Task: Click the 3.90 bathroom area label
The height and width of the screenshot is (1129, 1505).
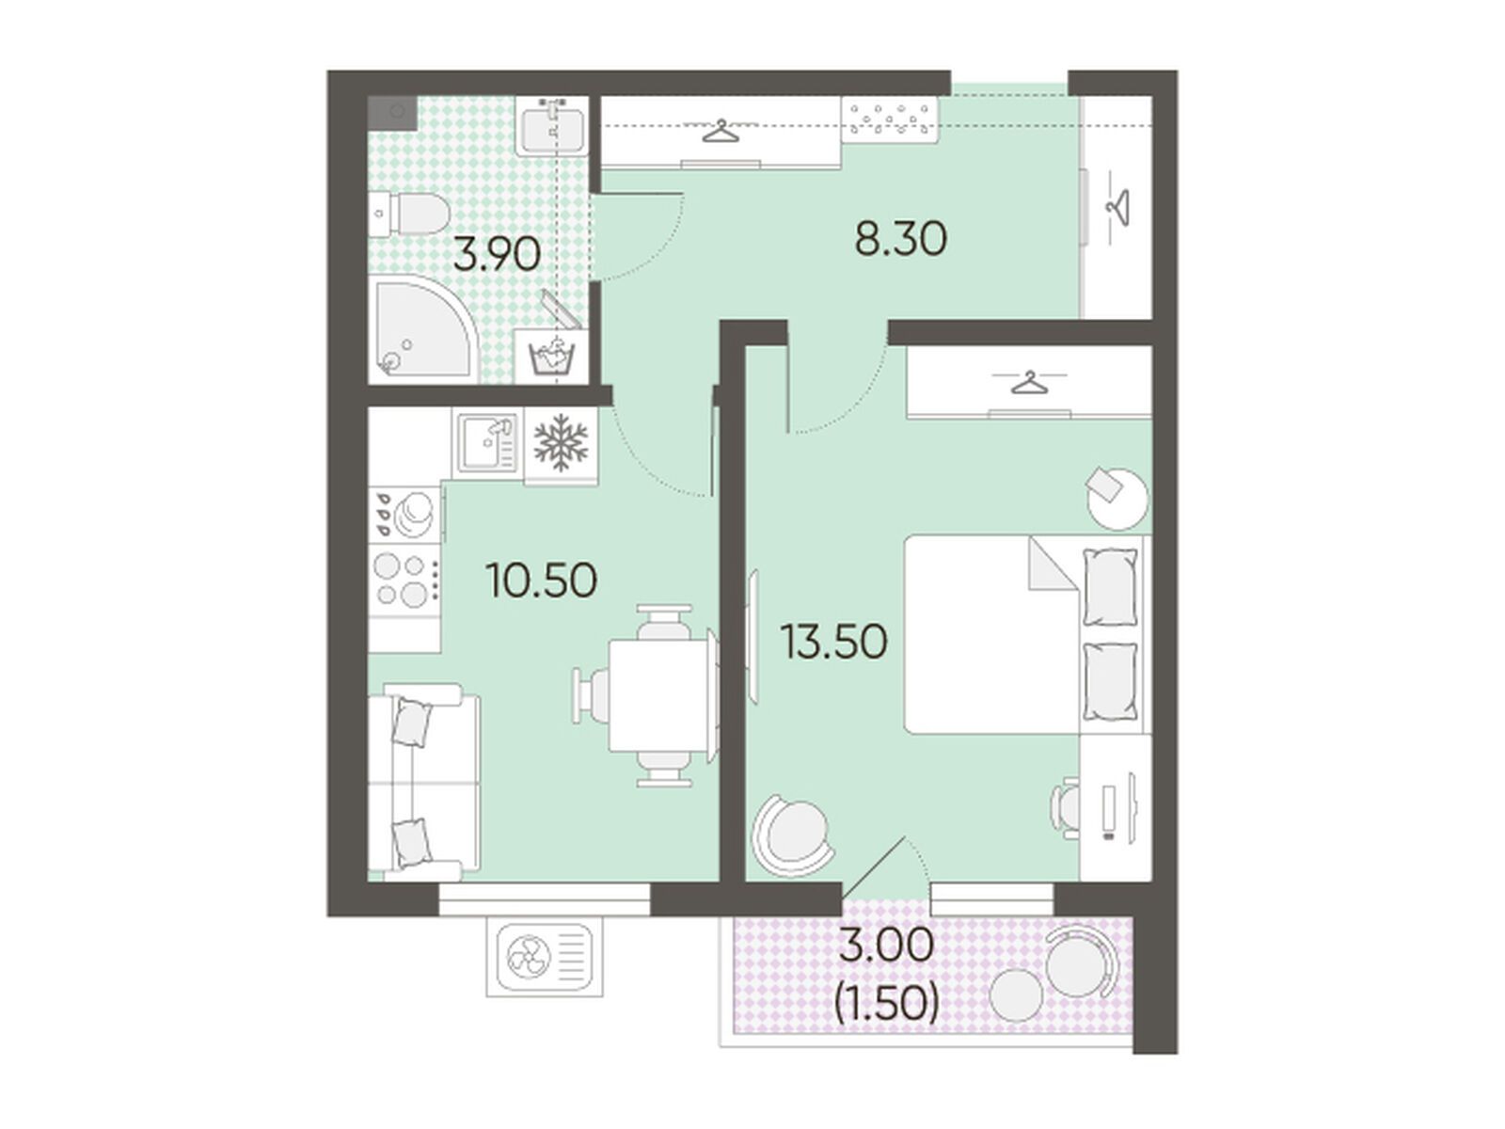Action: pos(497,255)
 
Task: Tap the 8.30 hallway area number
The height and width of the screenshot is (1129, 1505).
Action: pos(901,239)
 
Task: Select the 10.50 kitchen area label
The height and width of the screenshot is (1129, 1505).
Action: pos(541,580)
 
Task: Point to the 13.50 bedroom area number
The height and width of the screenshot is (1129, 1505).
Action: pos(833,643)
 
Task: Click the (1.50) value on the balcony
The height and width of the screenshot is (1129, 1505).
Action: pos(887,1005)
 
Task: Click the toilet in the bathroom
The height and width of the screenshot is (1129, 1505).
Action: pos(408,214)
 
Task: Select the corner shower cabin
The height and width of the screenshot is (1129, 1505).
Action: pos(423,329)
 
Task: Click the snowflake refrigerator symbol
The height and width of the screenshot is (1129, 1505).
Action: pos(561,442)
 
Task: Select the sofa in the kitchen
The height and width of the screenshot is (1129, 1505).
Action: pos(423,781)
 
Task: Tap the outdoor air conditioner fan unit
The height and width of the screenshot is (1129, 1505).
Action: pos(545,956)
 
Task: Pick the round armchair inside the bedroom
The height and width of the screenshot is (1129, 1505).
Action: pos(793,835)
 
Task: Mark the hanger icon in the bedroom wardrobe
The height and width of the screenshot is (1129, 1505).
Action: pos(1030,383)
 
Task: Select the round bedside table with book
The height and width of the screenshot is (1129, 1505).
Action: pos(1117,499)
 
